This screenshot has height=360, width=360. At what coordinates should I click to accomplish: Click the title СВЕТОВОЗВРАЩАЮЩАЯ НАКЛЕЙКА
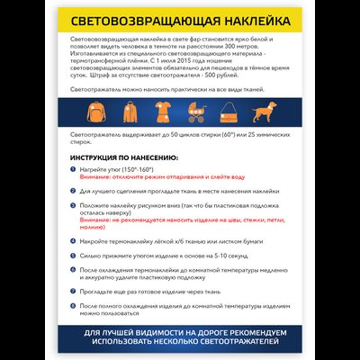point(179,20)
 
